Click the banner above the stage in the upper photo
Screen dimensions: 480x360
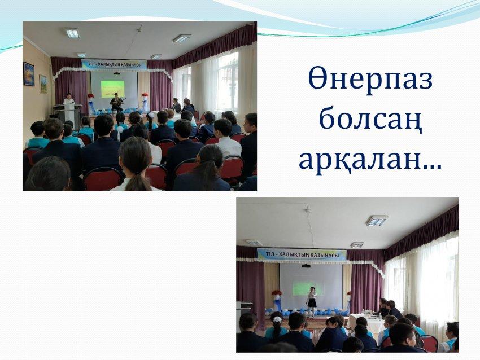pyautogui.click(x=114, y=65)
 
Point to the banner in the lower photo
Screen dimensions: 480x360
pyautogui.click(x=302, y=255)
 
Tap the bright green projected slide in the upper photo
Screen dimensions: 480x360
pyautogui.click(x=112, y=89)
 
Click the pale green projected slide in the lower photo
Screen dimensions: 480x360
pyautogui.click(x=308, y=288)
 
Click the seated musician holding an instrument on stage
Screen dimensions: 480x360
pyautogui.click(x=116, y=103)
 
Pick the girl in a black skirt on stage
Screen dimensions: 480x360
pyautogui.click(x=312, y=301)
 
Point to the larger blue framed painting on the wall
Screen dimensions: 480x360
pyautogui.click(x=29, y=74)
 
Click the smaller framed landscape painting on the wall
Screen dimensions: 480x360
pyautogui.click(x=43, y=84)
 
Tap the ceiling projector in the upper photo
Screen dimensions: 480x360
pyautogui.click(x=117, y=73)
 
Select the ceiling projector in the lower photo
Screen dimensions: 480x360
pyautogui.click(x=306, y=266)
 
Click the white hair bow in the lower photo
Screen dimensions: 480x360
pyautogui.click(x=277, y=319)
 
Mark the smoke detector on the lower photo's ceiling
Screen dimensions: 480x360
pyautogui.click(x=308, y=210)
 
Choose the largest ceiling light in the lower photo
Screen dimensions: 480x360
pyautogui.click(x=377, y=221)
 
